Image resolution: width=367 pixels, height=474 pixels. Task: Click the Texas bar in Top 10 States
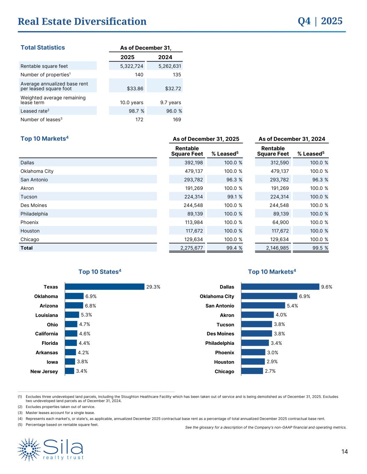(x=104, y=287)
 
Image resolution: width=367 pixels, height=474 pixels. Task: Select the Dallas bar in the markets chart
(x=280, y=287)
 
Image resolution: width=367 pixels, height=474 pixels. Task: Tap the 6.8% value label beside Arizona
(x=90, y=306)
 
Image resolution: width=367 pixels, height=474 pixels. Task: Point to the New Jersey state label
(x=44, y=372)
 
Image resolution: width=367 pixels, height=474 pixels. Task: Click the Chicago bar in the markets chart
(x=252, y=371)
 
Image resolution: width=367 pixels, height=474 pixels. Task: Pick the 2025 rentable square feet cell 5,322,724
(x=127, y=66)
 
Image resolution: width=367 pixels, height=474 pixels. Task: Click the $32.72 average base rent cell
(x=173, y=89)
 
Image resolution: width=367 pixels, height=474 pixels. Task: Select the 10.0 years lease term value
(x=131, y=102)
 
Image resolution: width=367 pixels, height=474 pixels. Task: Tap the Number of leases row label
(x=41, y=119)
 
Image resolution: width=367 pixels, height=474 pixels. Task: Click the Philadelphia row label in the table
(x=34, y=214)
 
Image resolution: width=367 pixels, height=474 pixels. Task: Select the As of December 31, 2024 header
(x=292, y=139)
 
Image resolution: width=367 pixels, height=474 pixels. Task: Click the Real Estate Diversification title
(x=82, y=22)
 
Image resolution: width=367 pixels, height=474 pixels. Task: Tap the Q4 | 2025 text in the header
(x=320, y=21)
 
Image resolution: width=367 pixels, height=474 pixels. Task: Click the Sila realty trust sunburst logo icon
(x=30, y=449)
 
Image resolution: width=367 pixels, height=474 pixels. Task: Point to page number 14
(x=344, y=452)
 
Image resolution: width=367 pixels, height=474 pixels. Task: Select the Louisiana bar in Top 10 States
(x=72, y=315)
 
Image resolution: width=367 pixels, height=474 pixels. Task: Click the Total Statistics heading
(x=43, y=48)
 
